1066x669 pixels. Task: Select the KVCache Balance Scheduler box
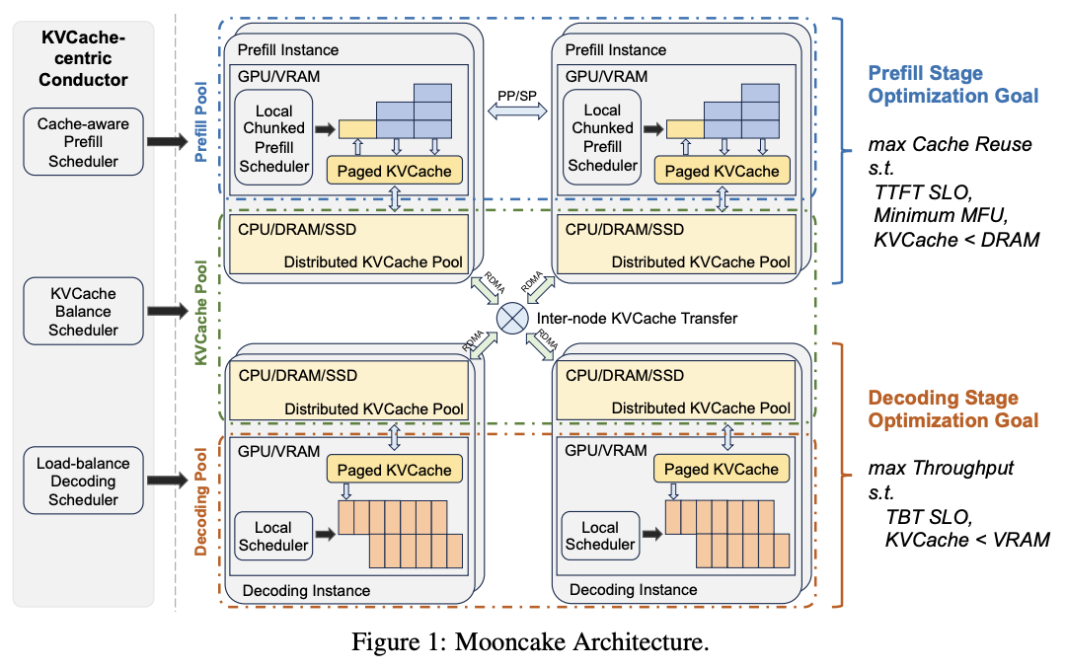click(83, 311)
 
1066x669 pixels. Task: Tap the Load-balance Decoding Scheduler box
click(83, 482)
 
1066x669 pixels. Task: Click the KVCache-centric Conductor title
click(83, 58)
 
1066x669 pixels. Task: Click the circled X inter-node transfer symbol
click(512, 318)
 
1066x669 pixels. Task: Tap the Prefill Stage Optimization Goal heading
click(952, 84)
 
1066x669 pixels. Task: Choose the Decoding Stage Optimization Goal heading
click(952, 409)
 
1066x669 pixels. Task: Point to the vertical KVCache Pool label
click(202, 314)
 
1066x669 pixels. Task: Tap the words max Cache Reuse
click(949, 144)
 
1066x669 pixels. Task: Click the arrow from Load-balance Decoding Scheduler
click(170, 482)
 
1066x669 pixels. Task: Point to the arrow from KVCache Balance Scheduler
click(170, 311)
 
